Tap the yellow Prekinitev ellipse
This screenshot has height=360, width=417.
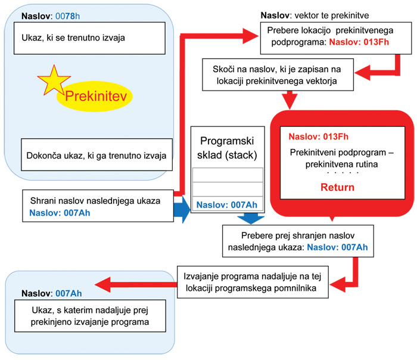click(95, 96)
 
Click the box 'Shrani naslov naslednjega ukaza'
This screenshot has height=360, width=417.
click(98, 206)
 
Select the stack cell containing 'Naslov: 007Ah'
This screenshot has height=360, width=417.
click(227, 204)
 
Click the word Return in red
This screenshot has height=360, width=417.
click(337, 187)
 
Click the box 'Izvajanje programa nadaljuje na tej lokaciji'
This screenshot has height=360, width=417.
click(256, 280)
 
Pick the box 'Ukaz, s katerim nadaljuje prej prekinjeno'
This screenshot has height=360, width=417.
click(89, 317)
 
